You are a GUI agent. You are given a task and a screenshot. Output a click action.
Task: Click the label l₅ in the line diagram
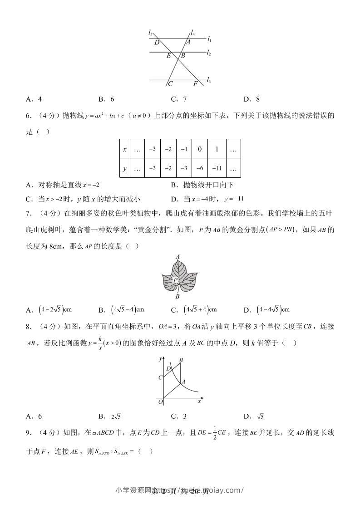coord(150,32)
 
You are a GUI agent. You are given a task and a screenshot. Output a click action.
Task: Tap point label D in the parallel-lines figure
coord(157,43)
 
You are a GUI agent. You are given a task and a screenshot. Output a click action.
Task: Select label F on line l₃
coord(195,84)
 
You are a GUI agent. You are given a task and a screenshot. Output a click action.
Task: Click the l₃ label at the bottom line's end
coord(208,80)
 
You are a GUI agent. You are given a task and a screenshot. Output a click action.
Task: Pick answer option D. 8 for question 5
coord(252,99)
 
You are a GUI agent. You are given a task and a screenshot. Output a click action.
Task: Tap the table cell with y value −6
coord(200,168)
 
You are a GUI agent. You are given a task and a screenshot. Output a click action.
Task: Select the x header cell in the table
coord(124,149)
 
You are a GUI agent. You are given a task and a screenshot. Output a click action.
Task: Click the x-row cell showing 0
coord(200,149)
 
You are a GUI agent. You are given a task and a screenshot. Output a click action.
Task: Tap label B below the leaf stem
coord(178,297)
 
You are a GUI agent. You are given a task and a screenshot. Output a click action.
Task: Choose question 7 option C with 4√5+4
coord(195,310)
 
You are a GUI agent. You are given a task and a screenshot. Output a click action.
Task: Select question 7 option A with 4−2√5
coord(49,310)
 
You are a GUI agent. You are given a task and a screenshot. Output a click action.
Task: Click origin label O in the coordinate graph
coord(160,401)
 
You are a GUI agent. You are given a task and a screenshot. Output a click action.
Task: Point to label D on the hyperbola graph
coord(168,368)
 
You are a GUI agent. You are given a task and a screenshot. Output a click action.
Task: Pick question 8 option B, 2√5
coord(113,416)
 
